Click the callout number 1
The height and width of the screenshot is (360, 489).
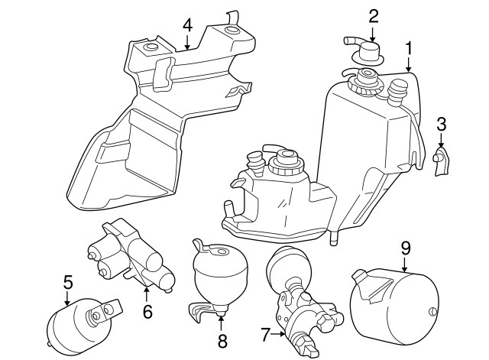[x=409, y=48]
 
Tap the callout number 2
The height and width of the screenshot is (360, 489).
[x=374, y=16]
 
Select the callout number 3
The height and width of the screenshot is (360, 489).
[x=442, y=124]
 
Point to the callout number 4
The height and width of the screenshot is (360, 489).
[x=187, y=25]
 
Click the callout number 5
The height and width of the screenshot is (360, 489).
[x=68, y=282]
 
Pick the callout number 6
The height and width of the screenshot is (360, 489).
[x=147, y=311]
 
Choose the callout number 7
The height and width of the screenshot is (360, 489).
[x=265, y=335]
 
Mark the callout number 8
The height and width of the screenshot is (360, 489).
[x=222, y=341]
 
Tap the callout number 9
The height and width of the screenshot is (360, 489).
[x=406, y=248]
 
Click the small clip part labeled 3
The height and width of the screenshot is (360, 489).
[x=441, y=161]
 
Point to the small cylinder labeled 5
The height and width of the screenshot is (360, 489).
[x=82, y=324]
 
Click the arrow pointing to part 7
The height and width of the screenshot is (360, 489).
[x=277, y=334]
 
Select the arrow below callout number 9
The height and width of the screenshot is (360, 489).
[x=404, y=264]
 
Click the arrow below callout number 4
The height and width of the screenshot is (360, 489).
[x=187, y=42]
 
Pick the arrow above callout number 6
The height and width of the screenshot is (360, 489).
[x=146, y=295]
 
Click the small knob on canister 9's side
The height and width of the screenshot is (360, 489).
[x=432, y=312]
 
